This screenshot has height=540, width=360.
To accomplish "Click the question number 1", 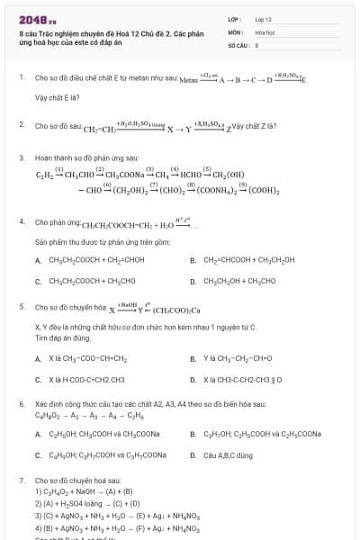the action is point(22,77).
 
